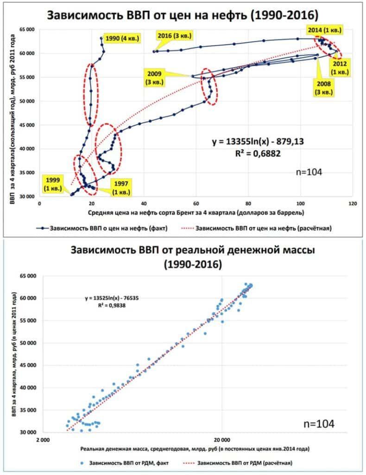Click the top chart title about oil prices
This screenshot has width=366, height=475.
click(x=183, y=15)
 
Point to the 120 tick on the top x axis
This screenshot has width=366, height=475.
click(x=353, y=203)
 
